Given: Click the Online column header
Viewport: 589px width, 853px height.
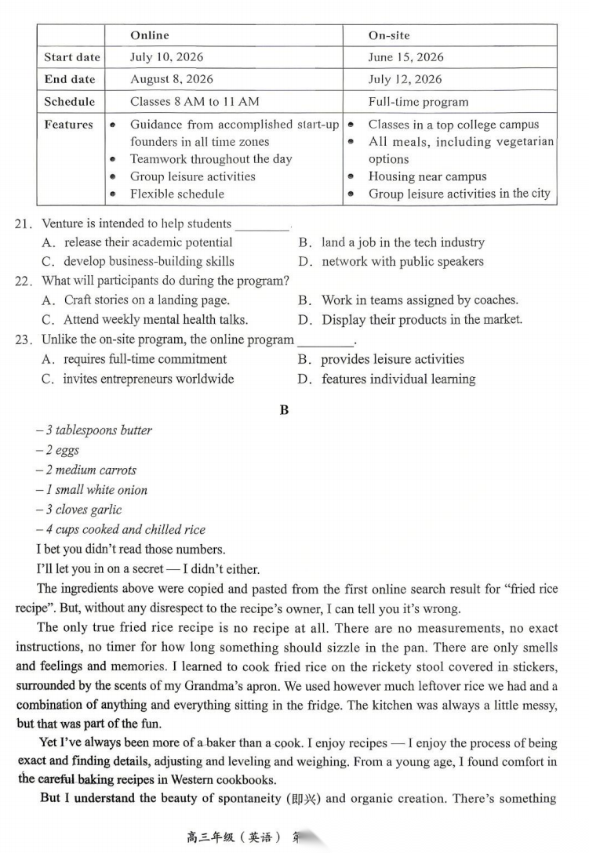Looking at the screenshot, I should (x=150, y=35).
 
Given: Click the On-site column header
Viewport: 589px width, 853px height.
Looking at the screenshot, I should (x=389, y=35).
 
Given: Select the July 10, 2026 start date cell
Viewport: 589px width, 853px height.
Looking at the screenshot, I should (x=167, y=57).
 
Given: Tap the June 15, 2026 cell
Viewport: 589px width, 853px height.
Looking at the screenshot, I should (x=405, y=57).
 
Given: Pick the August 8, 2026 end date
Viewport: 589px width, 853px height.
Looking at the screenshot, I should (x=171, y=79).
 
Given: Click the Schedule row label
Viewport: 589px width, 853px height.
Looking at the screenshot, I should (x=70, y=102).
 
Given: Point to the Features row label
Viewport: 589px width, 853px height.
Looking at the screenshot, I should (x=69, y=125).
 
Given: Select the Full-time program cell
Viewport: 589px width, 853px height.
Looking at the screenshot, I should (x=418, y=102).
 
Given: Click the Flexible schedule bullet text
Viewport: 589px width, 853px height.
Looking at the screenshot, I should (x=177, y=194).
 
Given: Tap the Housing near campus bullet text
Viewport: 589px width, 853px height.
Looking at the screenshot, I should (x=427, y=176).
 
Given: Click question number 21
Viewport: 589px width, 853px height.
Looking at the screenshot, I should (x=23, y=224).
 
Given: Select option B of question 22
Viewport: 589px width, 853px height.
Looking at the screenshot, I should (x=420, y=299).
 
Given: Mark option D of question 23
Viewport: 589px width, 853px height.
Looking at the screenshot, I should (x=398, y=379).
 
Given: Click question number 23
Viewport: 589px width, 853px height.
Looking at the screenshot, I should (x=23, y=339).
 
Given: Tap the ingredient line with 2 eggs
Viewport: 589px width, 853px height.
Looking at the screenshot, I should (x=57, y=450).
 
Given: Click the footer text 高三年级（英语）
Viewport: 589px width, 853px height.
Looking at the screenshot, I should (x=233, y=837).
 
